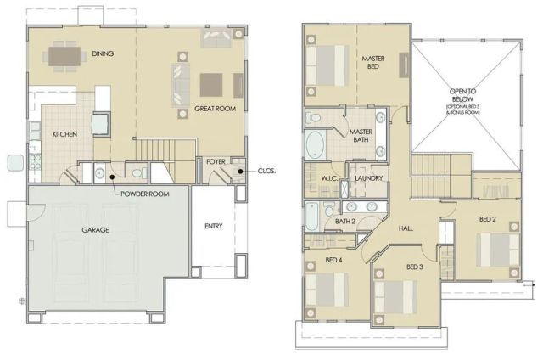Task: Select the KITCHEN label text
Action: [x=66, y=135]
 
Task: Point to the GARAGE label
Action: [x=94, y=229]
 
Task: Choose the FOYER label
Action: [x=215, y=161]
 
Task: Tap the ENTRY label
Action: [x=213, y=226]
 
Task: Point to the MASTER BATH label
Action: [x=361, y=136]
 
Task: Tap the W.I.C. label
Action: [x=330, y=178]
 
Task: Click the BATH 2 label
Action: [x=344, y=222]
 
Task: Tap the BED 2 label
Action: [x=487, y=219]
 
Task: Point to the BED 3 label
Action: [x=414, y=267]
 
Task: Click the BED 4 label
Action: [x=333, y=260]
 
